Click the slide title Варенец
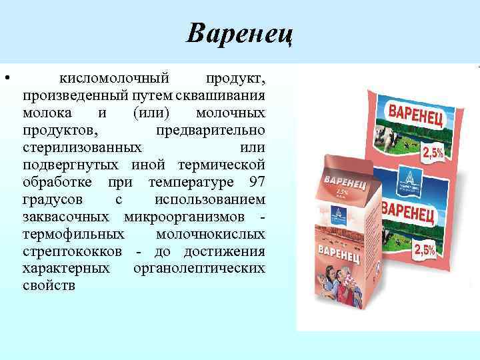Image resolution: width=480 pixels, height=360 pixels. pos(240,32)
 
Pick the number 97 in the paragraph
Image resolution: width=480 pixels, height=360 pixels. pos(256,182)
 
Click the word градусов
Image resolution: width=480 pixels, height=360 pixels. pos(53,199)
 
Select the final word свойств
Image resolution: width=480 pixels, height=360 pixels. pos(49,286)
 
